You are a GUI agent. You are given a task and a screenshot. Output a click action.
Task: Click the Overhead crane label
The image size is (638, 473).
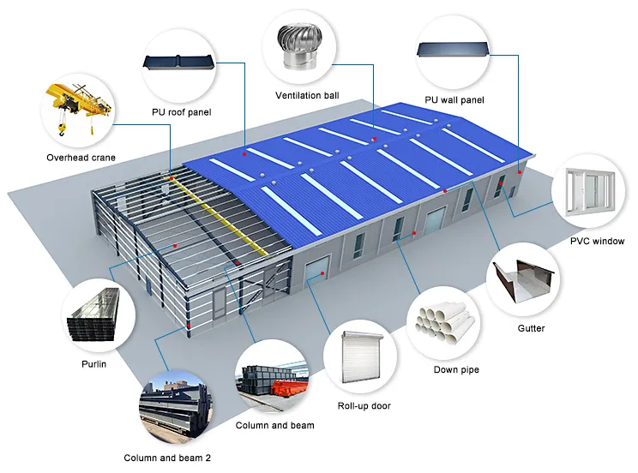point(81,158)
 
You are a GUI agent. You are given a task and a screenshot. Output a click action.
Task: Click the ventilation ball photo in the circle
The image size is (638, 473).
point(307,48)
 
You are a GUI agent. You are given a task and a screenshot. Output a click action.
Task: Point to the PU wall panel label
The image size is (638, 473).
point(454,100)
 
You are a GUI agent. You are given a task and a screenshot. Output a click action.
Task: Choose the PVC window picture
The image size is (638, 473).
point(592,195)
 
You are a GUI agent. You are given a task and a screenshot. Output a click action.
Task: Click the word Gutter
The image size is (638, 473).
point(531,328)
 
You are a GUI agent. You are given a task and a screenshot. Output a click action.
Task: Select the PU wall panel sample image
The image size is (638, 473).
point(454,51)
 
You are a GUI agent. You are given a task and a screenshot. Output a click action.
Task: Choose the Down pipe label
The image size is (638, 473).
point(456,370)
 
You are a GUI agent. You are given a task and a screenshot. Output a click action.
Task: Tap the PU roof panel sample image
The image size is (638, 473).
point(181,66)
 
